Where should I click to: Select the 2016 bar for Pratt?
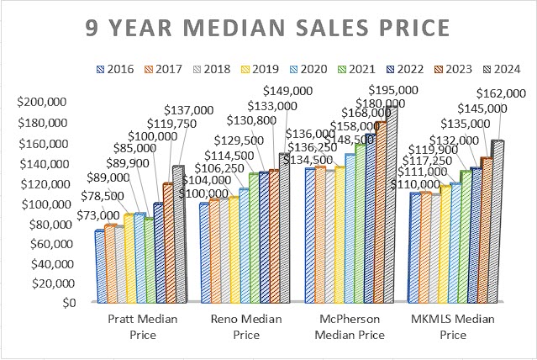coord(99,265)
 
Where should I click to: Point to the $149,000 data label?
coord(287,90)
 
